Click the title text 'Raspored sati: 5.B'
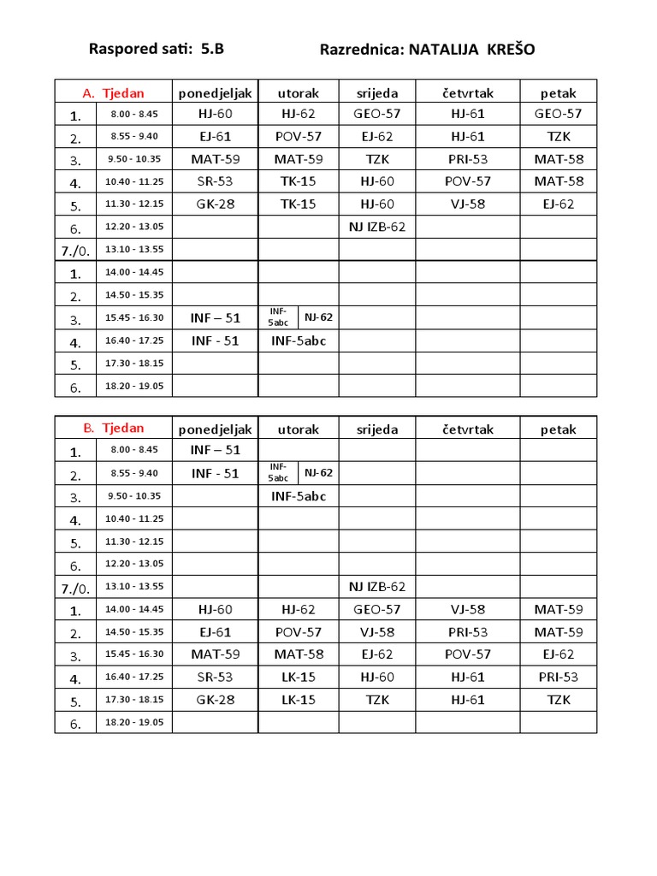(x=157, y=49)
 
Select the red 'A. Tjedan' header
(x=114, y=92)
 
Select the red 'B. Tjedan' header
(x=114, y=428)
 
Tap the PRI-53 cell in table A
(x=468, y=158)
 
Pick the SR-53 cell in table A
(x=215, y=181)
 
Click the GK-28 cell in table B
(x=215, y=699)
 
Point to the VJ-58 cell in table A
(x=468, y=204)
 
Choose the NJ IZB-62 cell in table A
(x=377, y=227)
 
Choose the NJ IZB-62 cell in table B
(x=377, y=586)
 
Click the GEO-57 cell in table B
(x=377, y=609)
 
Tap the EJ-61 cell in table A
(x=215, y=136)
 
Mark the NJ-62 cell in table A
(x=318, y=317)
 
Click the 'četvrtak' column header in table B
(x=468, y=429)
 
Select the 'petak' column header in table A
(x=559, y=92)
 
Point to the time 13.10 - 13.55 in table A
(x=135, y=249)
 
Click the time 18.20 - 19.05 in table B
(x=135, y=722)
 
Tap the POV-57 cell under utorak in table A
(x=299, y=136)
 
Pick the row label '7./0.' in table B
(x=76, y=588)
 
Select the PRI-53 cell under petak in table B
(x=559, y=677)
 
